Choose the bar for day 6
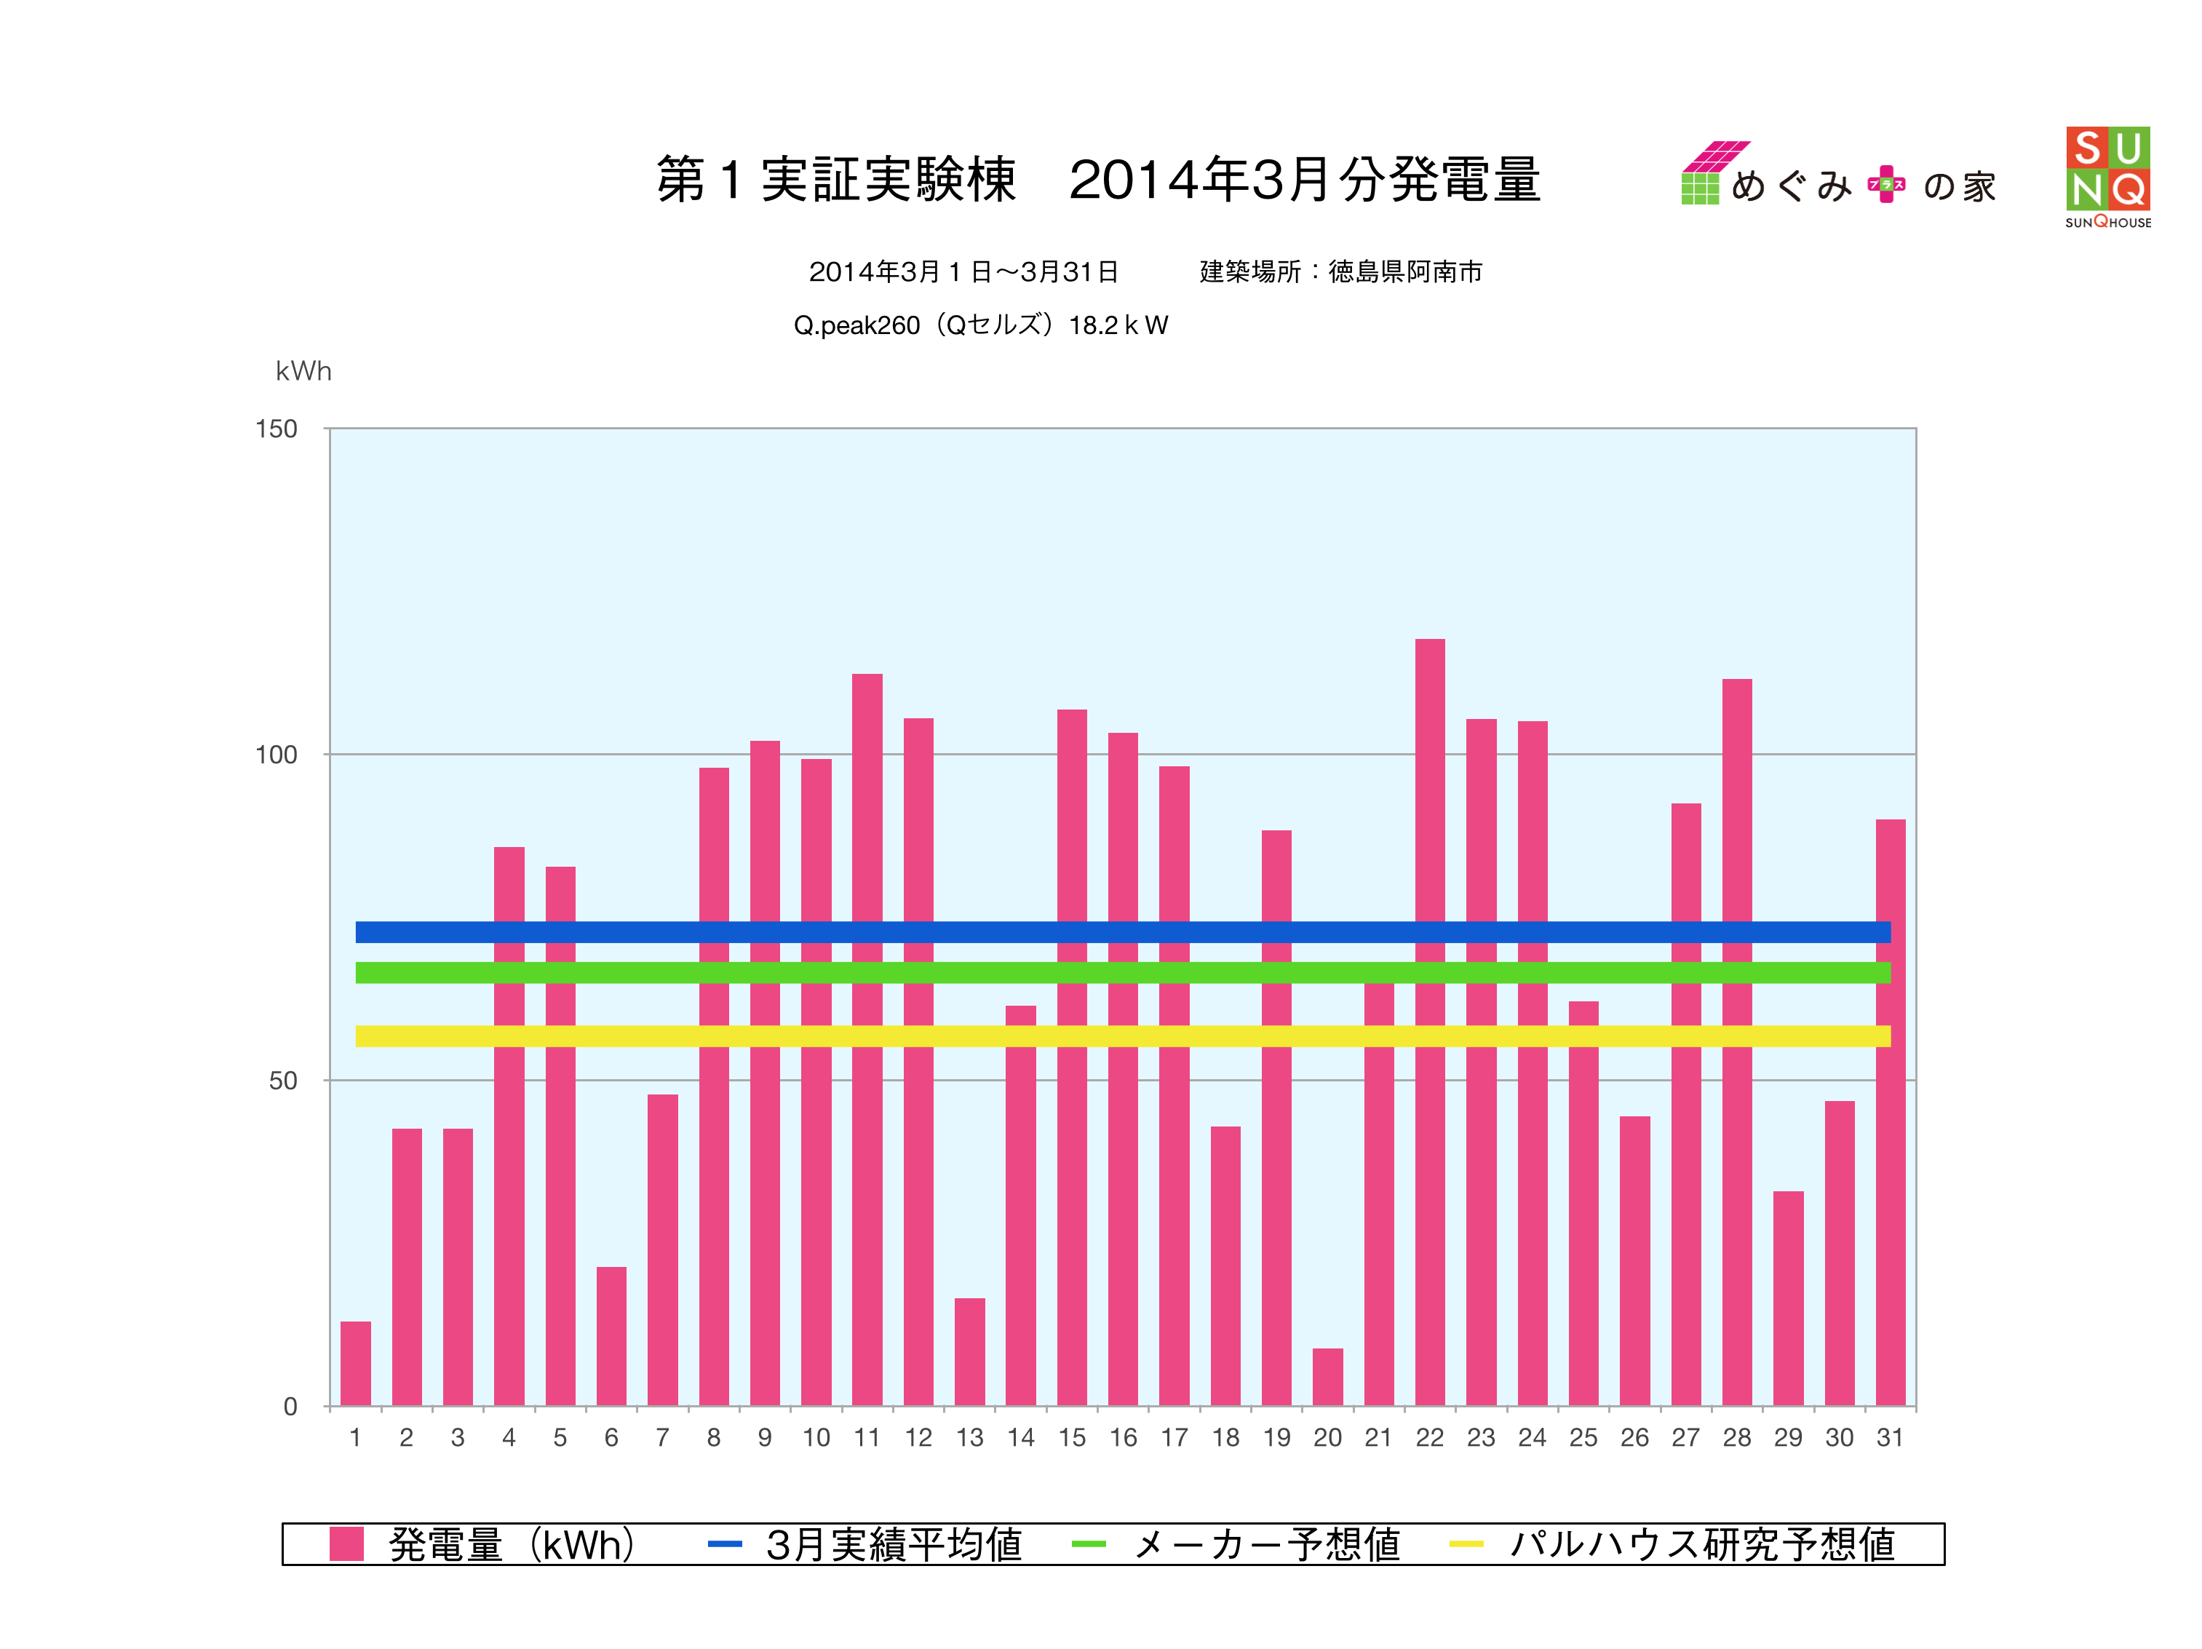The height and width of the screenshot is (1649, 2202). click(611, 1335)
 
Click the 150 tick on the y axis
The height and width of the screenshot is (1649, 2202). click(277, 429)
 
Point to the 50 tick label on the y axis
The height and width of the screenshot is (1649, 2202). click(283, 1081)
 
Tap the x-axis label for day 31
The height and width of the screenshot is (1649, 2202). click(1889, 1437)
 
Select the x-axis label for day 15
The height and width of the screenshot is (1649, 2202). click(1072, 1437)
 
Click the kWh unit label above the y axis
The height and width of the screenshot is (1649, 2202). click(303, 371)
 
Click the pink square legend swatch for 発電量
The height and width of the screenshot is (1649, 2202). click(346, 1543)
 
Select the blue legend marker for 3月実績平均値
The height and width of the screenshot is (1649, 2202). click(725, 1543)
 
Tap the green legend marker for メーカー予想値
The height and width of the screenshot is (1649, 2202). click(1089, 1543)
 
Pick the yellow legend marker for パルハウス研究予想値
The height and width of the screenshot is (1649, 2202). click(1466, 1543)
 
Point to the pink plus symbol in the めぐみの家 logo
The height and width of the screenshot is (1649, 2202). click(1885, 184)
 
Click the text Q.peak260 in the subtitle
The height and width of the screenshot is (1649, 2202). click(856, 325)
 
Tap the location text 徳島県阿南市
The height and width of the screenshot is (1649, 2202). click(1404, 272)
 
